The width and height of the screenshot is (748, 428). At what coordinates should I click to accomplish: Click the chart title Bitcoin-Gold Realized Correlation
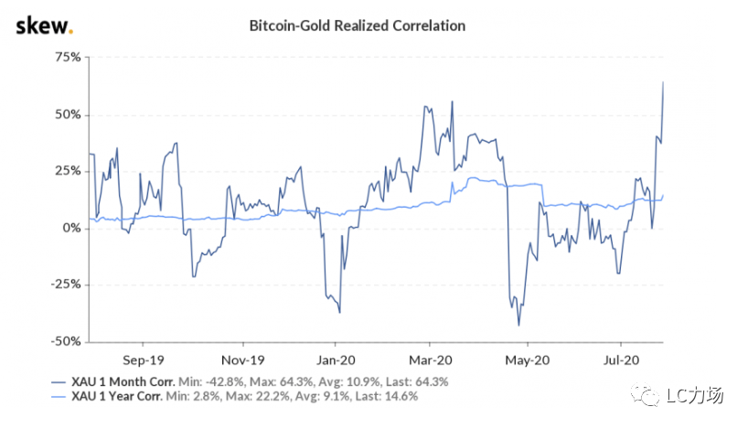point(358,26)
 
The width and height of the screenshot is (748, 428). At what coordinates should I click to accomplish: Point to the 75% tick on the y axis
point(69,57)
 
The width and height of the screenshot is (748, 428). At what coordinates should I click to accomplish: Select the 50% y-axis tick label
point(69,114)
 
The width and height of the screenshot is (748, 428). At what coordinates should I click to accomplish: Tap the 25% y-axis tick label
point(69,171)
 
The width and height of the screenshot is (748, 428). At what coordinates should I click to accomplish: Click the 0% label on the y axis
point(73,228)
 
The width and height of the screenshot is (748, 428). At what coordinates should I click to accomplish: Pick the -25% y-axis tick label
point(68,284)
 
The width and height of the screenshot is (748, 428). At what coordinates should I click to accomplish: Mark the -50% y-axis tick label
point(68,341)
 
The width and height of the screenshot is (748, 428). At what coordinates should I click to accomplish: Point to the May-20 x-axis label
point(526,359)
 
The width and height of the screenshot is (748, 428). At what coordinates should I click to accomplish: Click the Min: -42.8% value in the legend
point(214,381)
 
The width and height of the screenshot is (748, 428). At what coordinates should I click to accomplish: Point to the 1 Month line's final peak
point(663,83)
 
